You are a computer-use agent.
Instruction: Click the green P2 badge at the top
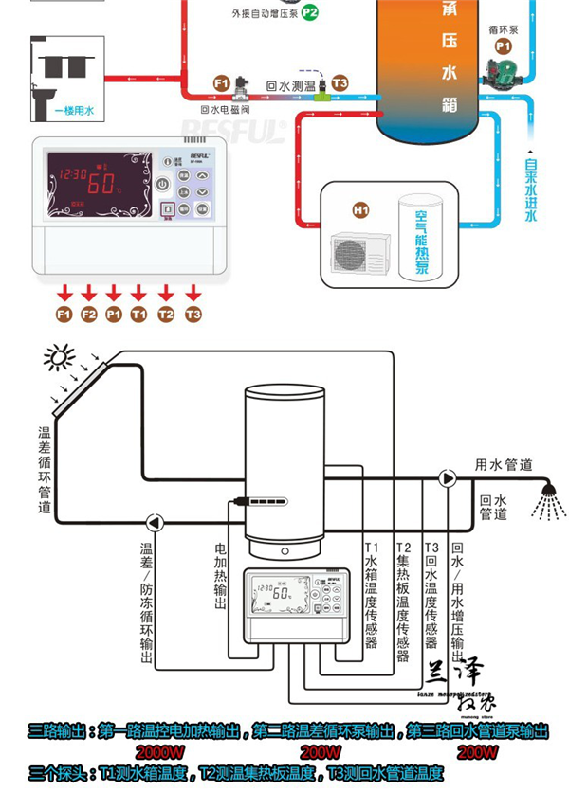click(310, 14)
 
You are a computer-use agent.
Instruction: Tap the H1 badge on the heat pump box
click(360, 209)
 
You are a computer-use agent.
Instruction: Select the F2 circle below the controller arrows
click(89, 315)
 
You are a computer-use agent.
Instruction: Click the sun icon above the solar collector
click(60, 358)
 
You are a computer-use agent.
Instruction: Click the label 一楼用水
click(74, 111)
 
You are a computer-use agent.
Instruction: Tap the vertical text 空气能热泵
click(422, 243)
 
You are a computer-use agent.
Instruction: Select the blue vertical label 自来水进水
click(531, 189)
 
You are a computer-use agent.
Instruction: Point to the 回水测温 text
click(292, 84)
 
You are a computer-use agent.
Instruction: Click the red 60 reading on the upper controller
click(106, 181)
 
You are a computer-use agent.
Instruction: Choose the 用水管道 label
click(504, 465)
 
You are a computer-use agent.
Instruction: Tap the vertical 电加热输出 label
click(221, 577)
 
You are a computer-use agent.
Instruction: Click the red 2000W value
click(162, 753)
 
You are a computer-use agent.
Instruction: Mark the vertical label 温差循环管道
click(44, 470)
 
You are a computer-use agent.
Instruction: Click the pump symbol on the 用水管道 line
click(448, 477)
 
